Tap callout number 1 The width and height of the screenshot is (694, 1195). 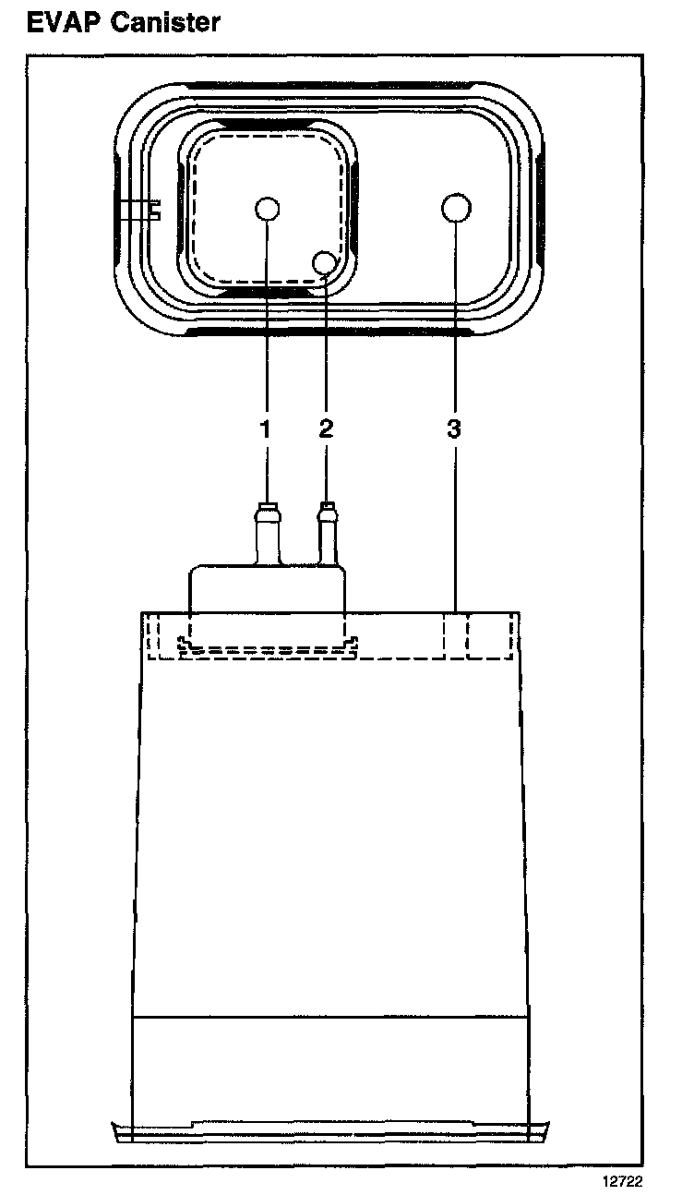click(266, 429)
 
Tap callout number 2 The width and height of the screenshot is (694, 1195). click(325, 429)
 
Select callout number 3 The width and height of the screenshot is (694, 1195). click(454, 429)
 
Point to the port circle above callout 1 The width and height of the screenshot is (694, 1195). click(267, 209)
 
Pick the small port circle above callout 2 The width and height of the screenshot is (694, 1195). click(325, 263)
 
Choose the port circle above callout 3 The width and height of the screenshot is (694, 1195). click(455, 208)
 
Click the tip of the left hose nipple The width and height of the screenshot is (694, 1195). click(267, 505)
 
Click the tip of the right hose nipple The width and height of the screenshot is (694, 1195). click(326, 505)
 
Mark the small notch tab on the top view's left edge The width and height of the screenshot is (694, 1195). click(153, 211)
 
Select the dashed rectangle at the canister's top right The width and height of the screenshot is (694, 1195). click(489, 636)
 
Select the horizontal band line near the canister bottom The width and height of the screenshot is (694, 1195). click(332, 1017)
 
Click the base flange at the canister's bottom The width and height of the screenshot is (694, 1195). click(332, 1130)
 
